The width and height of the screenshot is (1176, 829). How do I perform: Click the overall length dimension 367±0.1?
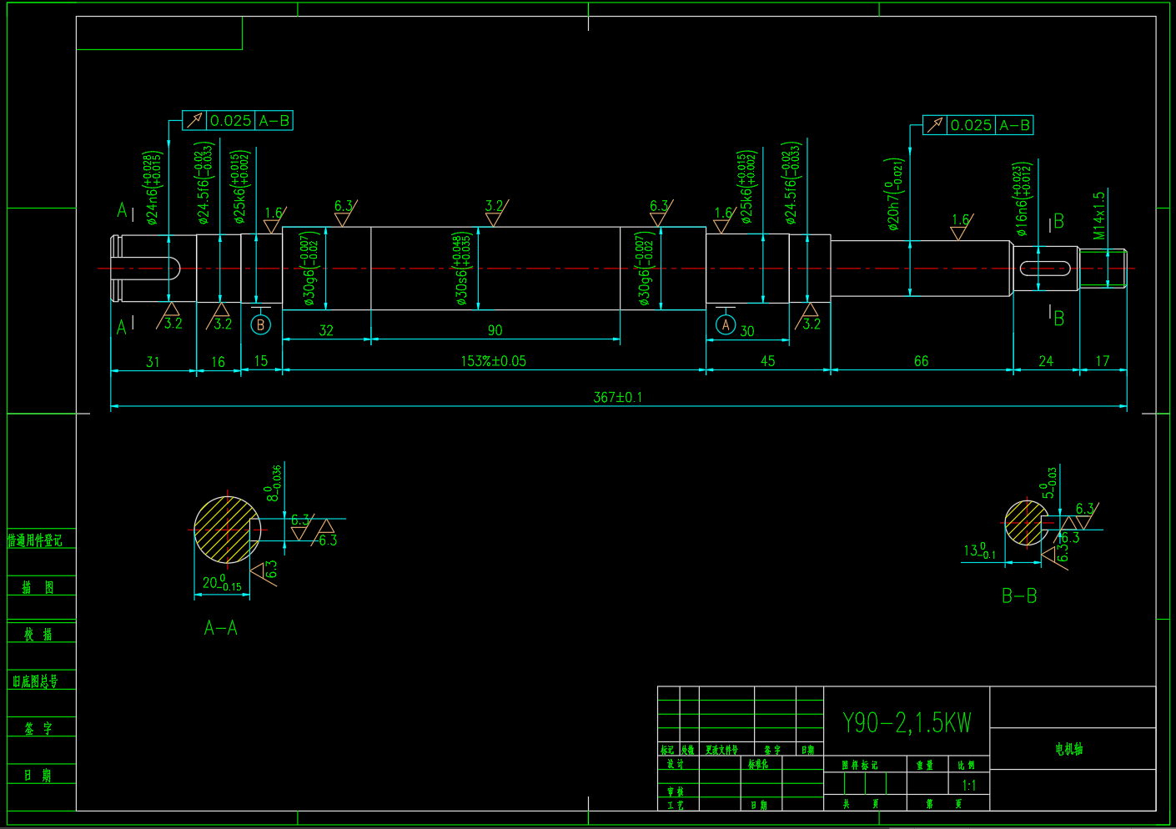[617, 398]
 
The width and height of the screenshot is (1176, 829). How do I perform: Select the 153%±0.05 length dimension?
[493, 361]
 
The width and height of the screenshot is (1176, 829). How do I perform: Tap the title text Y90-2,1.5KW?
[907, 722]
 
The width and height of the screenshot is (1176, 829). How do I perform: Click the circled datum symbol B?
[260, 325]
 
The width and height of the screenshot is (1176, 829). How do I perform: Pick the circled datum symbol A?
[726, 325]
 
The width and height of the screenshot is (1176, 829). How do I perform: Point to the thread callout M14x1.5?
[1099, 215]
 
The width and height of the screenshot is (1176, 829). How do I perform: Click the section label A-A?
[221, 628]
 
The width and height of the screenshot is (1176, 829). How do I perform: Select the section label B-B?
[1019, 595]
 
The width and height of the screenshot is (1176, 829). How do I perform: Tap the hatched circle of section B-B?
[1025, 523]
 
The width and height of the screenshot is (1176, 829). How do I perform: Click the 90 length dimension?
[495, 330]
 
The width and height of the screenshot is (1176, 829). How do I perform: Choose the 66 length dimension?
[921, 361]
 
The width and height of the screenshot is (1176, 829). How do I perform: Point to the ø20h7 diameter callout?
[894, 193]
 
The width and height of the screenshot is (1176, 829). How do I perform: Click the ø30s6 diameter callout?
[461, 269]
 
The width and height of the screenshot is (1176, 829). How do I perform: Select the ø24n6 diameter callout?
[153, 188]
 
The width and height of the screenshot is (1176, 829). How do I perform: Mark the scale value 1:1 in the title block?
[968, 785]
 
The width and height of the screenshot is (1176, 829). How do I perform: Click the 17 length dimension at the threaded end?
[1103, 361]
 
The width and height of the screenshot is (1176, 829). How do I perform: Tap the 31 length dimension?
[153, 362]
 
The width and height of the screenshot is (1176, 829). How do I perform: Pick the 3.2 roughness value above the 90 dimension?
[494, 206]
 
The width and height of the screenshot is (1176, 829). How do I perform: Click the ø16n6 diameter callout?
[1022, 198]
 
